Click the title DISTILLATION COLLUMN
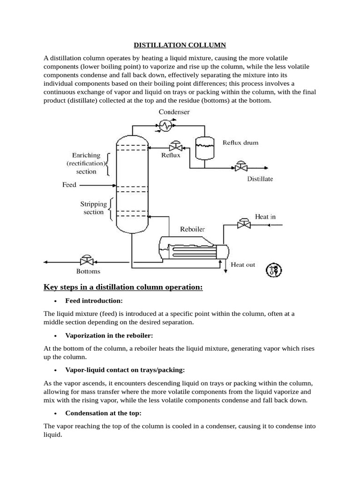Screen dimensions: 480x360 (x=180, y=45)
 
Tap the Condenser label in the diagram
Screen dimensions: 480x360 (x=173, y=112)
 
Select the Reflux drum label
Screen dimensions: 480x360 (x=240, y=142)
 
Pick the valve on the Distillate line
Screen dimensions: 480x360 (x=241, y=167)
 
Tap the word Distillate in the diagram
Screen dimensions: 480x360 (x=260, y=179)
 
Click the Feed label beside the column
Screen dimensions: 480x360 (x=69, y=185)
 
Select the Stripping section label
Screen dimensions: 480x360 (x=93, y=208)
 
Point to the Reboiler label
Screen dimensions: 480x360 (x=192, y=229)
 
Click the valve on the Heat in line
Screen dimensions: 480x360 (x=244, y=224)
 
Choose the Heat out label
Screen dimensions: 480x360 (x=243, y=264)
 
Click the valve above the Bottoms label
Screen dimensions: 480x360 (x=87, y=261)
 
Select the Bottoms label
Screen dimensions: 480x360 (x=88, y=271)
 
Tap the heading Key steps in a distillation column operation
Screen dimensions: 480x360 (x=123, y=287)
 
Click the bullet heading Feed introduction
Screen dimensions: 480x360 (x=94, y=300)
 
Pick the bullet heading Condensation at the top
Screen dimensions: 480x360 (x=103, y=413)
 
